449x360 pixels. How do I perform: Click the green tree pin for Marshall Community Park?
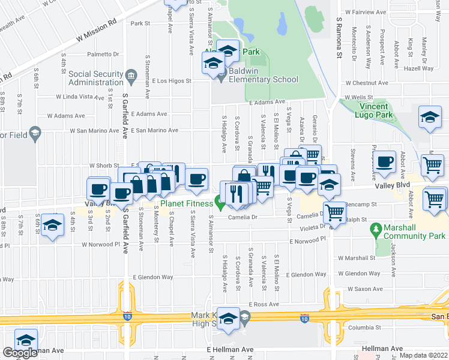click(x=376, y=228)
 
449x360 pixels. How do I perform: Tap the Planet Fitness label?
click(x=185, y=204)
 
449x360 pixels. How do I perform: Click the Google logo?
click(x=20, y=353)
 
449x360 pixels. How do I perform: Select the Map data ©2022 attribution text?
click(x=423, y=355)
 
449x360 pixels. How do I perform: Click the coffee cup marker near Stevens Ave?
click(x=384, y=161)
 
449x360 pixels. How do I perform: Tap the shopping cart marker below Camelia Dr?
click(x=336, y=211)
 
